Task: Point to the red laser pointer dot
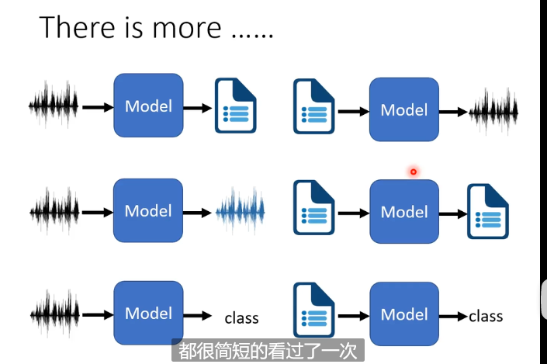tap(414, 172)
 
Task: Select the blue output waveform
tap(240, 210)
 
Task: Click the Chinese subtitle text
tap(267, 350)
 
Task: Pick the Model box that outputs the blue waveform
tap(148, 210)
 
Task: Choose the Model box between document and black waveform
tap(404, 109)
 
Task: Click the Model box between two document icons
tap(404, 211)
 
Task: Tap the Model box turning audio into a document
tap(148, 106)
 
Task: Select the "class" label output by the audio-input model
tap(241, 317)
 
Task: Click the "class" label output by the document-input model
tap(486, 316)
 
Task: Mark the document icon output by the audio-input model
tap(236, 106)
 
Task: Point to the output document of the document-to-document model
tap(487, 211)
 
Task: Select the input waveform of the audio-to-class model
tap(54, 314)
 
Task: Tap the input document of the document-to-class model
tap(313, 314)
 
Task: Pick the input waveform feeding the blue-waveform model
tap(54, 210)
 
